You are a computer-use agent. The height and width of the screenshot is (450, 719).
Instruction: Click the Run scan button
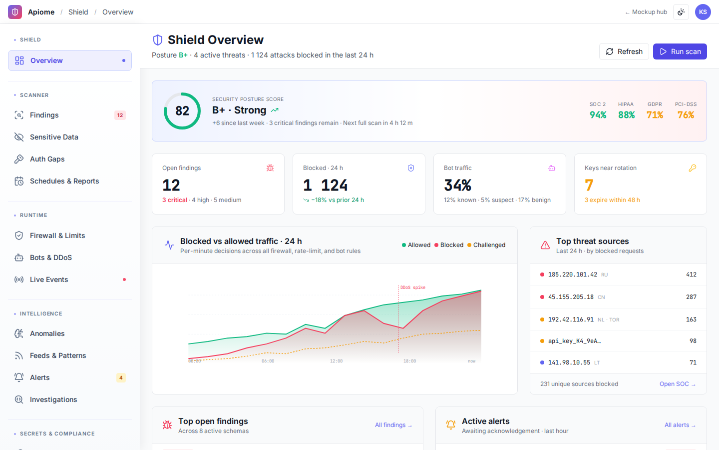(x=680, y=51)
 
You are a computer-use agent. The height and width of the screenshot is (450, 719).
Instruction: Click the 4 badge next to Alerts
(x=121, y=377)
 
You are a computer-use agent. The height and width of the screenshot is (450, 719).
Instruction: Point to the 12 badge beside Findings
(x=120, y=115)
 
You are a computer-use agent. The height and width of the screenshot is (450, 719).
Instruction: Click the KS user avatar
(x=703, y=12)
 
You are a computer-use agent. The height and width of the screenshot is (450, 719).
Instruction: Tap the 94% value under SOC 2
(x=598, y=115)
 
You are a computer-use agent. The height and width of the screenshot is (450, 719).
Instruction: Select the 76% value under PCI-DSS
(x=686, y=115)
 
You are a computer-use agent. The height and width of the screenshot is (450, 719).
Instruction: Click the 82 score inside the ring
(x=182, y=111)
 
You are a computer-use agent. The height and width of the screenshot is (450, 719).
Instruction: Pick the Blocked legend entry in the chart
(x=449, y=245)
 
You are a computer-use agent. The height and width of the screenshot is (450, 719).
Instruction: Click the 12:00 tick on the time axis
(x=336, y=361)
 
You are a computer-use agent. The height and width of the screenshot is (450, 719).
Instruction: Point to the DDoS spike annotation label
(x=412, y=287)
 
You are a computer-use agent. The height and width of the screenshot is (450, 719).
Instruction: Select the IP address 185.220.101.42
(x=572, y=274)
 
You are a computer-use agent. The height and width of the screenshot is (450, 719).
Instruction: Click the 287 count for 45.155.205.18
(x=691, y=297)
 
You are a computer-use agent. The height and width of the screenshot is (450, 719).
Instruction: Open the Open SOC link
(x=677, y=384)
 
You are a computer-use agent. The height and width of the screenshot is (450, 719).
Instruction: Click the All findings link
(x=393, y=425)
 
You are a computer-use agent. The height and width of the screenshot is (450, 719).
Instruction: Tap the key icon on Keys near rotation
(x=693, y=168)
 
